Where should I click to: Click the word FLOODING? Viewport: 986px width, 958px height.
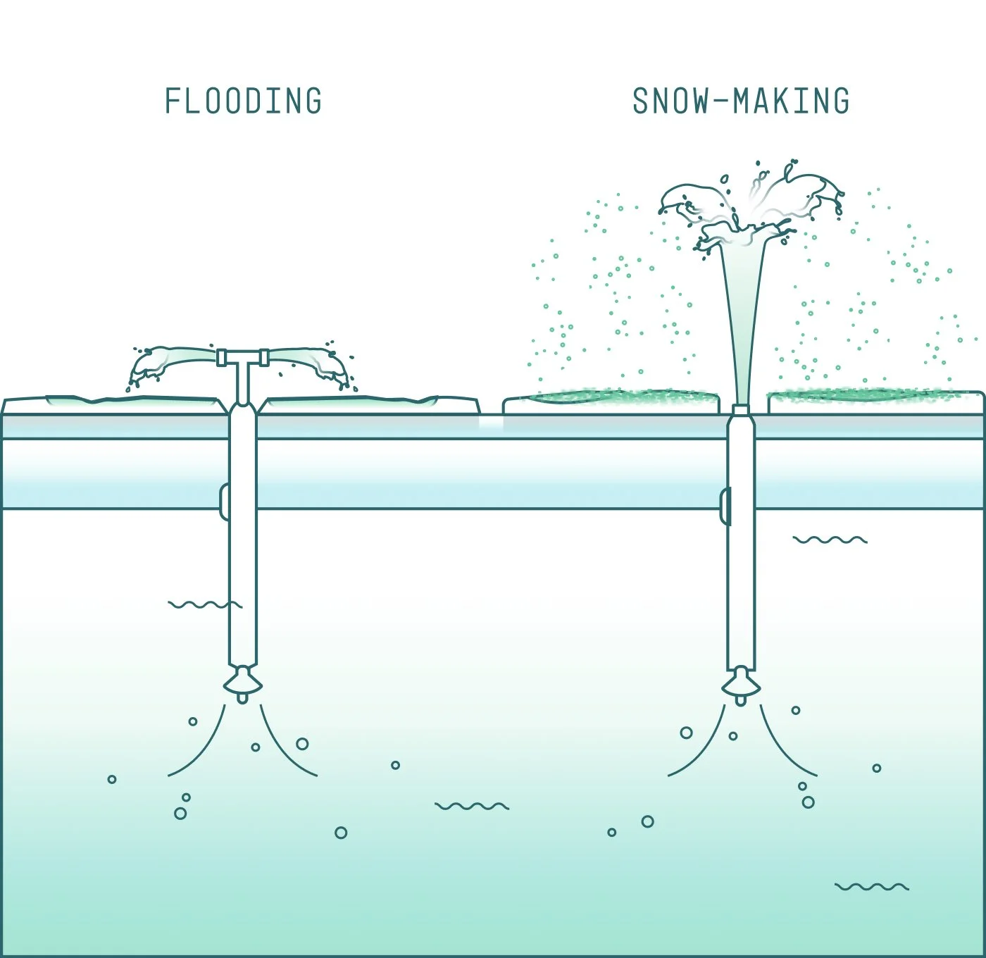tap(243, 101)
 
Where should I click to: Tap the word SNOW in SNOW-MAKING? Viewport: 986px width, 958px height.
tap(661, 101)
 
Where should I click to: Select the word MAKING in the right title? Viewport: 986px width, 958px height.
tap(792, 101)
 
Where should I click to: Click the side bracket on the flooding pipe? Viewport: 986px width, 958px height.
tap(224, 502)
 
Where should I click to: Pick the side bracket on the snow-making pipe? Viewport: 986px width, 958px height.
tap(724, 506)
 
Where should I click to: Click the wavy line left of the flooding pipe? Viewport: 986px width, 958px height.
tap(205, 604)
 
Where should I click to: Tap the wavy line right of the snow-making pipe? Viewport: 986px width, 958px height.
tap(830, 540)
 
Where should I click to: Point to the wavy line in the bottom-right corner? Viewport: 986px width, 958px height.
tap(871, 886)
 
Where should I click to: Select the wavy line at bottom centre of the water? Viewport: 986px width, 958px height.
tap(471, 806)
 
